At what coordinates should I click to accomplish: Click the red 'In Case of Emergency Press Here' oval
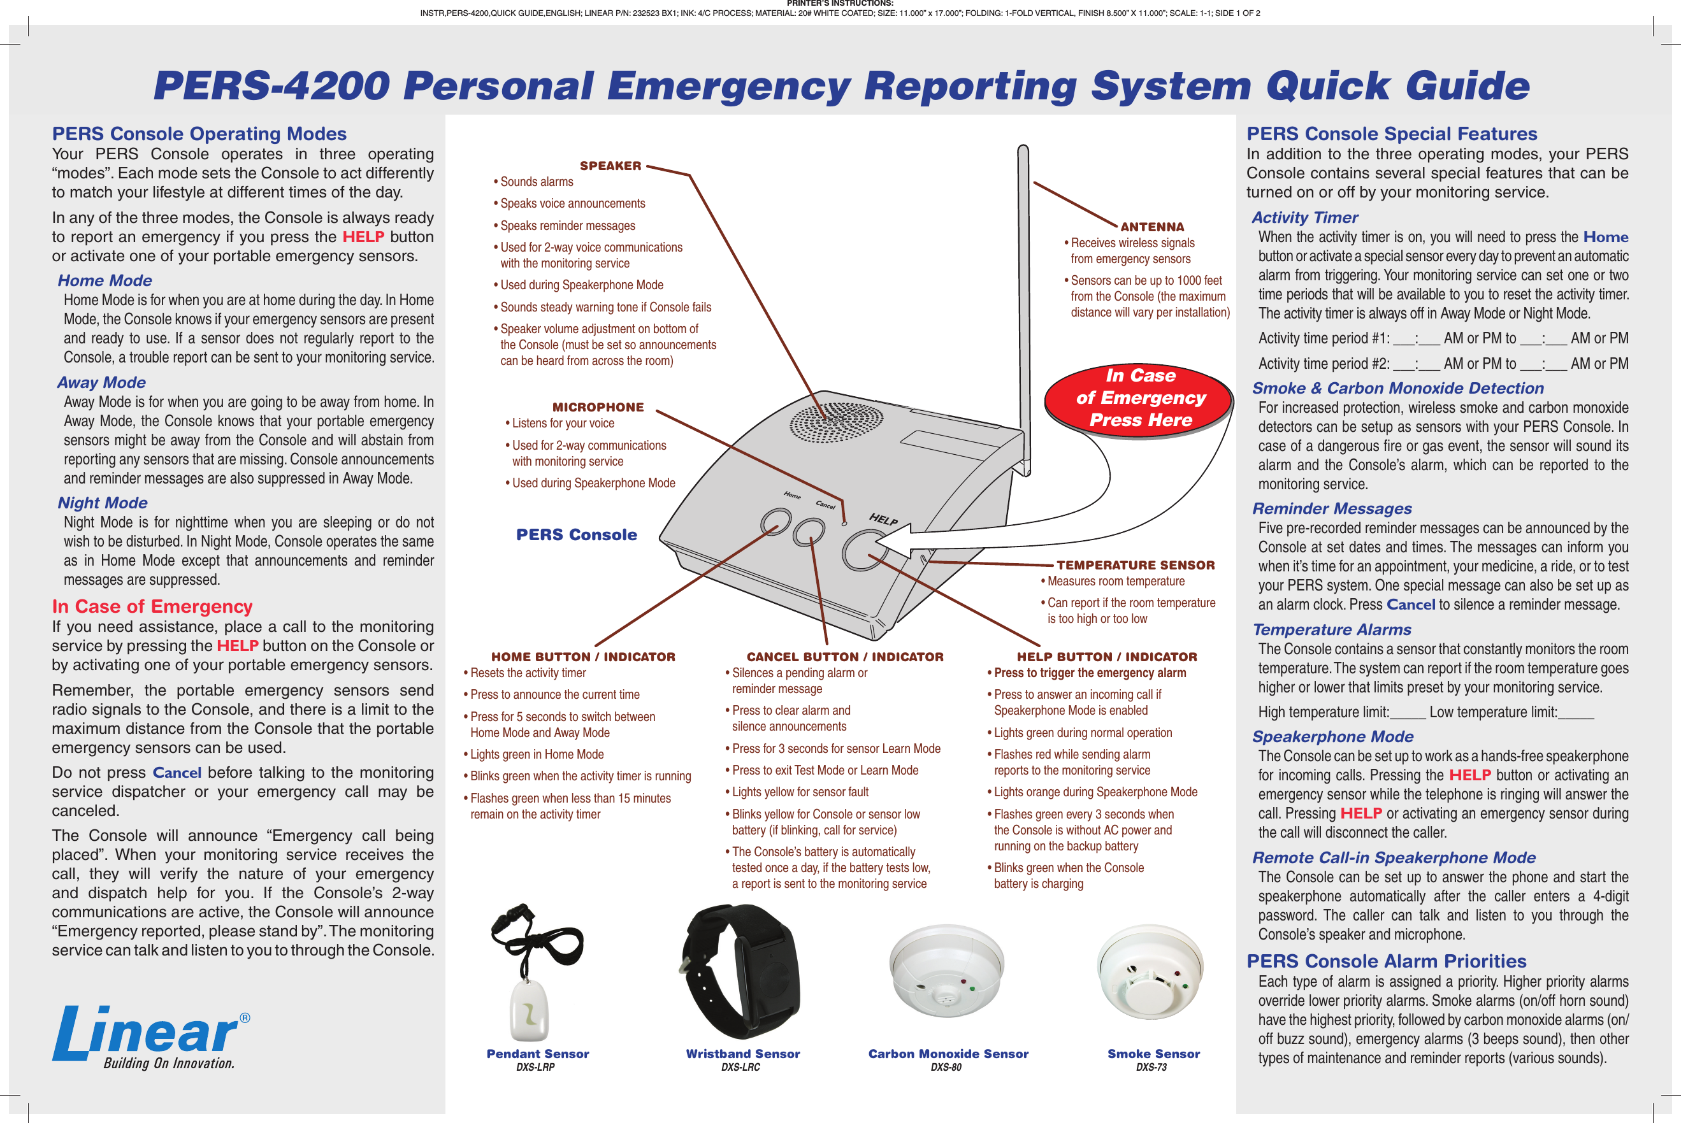click(x=1139, y=398)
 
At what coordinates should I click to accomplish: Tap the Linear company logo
click(x=150, y=1036)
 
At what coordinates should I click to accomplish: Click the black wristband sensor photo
click(x=742, y=971)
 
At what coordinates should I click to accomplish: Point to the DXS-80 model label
click(x=946, y=1067)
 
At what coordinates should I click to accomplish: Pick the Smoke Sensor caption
click(x=1153, y=1054)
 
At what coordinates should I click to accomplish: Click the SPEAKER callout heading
click(x=610, y=166)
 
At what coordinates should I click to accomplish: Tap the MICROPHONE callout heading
click(x=598, y=407)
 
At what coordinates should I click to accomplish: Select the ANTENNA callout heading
click(x=1151, y=226)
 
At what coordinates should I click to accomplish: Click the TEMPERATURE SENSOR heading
click(x=1135, y=565)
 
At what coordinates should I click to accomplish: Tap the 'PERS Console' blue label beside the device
click(x=576, y=535)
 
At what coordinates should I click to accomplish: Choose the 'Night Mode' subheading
click(x=103, y=503)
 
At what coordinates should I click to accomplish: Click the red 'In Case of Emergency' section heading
click(x=152, y=606)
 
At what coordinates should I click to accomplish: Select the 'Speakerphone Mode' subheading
click(x=1332, y=736)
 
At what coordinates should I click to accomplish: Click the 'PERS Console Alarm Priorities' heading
click(x=1386, y=961)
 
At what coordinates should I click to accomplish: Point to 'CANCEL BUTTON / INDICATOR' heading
click(x=845, y=657)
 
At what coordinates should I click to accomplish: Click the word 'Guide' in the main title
click(x=1467, y=86)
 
